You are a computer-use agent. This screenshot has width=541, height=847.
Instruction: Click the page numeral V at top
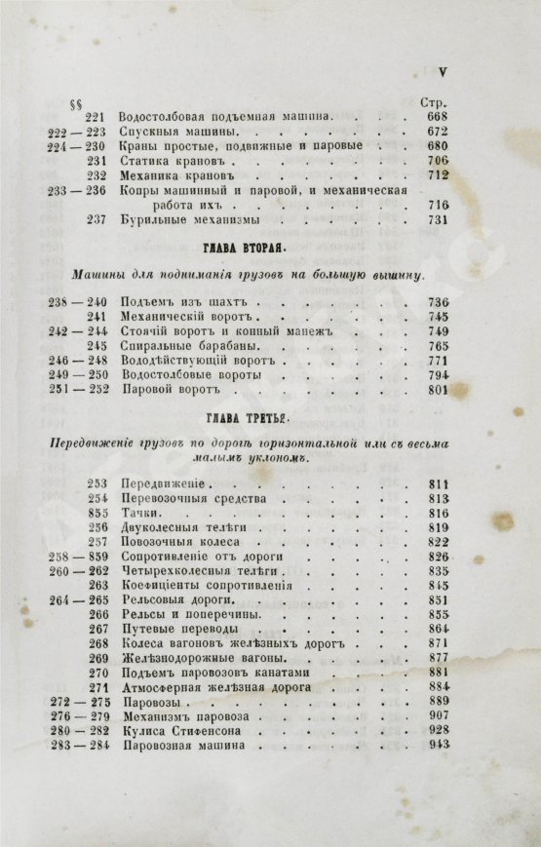coord(441,71)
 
